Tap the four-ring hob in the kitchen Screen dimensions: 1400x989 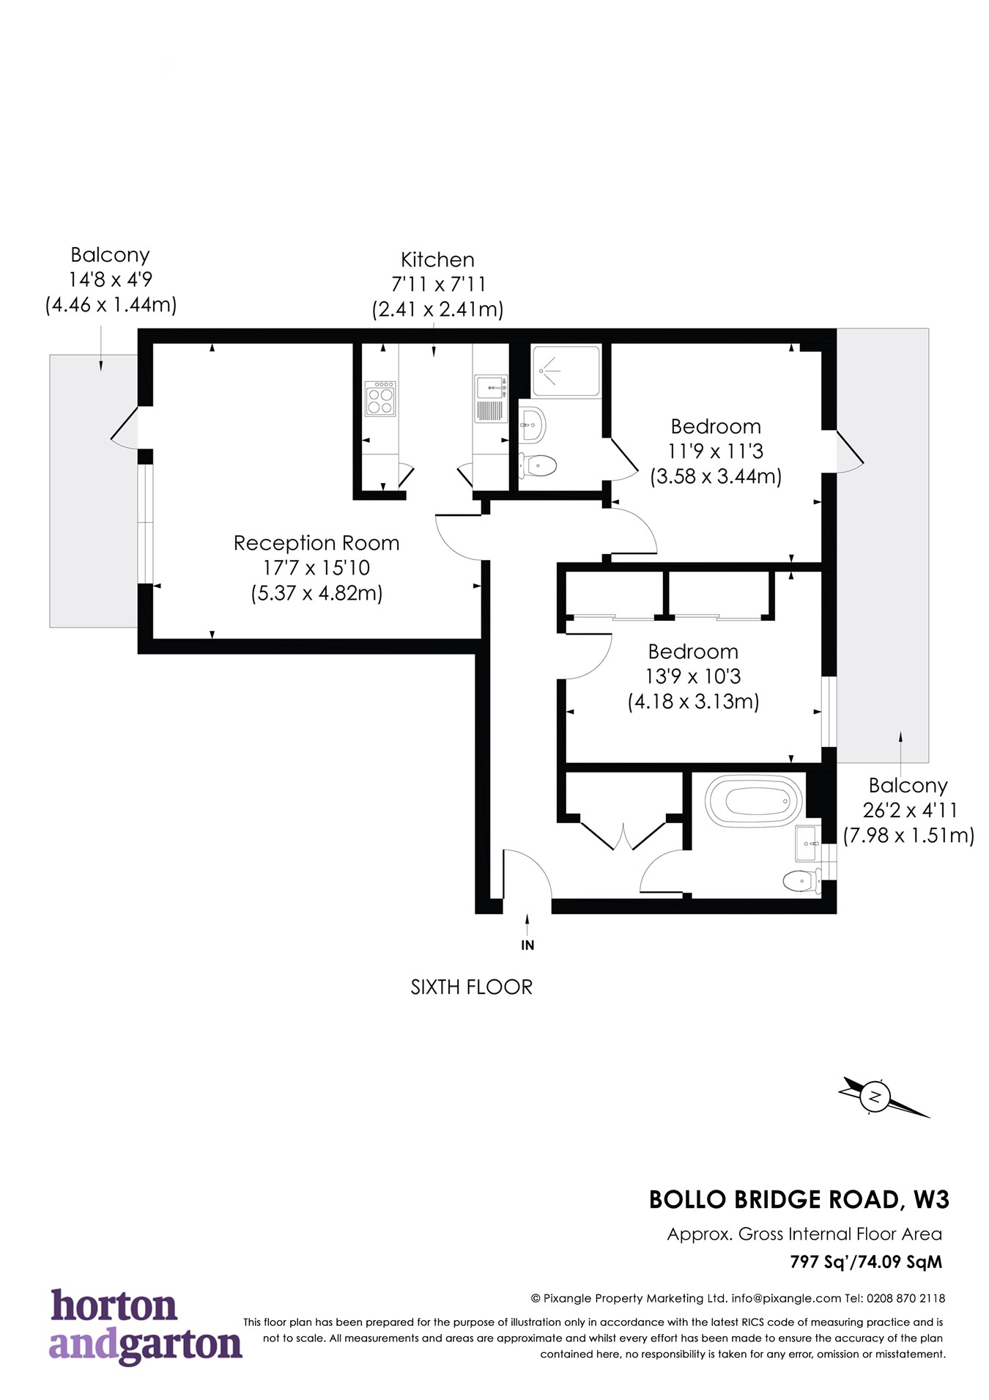coord(379,397)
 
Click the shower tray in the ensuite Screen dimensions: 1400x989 coord(565,371)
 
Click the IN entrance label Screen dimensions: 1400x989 coord(527,946)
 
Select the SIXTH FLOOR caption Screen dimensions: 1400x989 coord(471,987)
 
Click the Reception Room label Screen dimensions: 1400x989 coord(316,543)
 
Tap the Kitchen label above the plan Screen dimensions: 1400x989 coord(437,260)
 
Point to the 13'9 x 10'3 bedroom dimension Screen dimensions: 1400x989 coord(692,677)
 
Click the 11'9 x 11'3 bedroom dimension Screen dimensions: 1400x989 coord(715,452)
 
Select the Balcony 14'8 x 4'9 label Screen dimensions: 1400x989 coord(111,279)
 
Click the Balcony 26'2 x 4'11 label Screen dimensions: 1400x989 coord(908,810)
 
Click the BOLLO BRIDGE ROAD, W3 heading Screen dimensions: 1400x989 coord(799,1200)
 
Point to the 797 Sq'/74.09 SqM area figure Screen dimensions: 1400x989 coord(866,1261)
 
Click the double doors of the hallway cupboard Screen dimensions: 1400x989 coord(623,837)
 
